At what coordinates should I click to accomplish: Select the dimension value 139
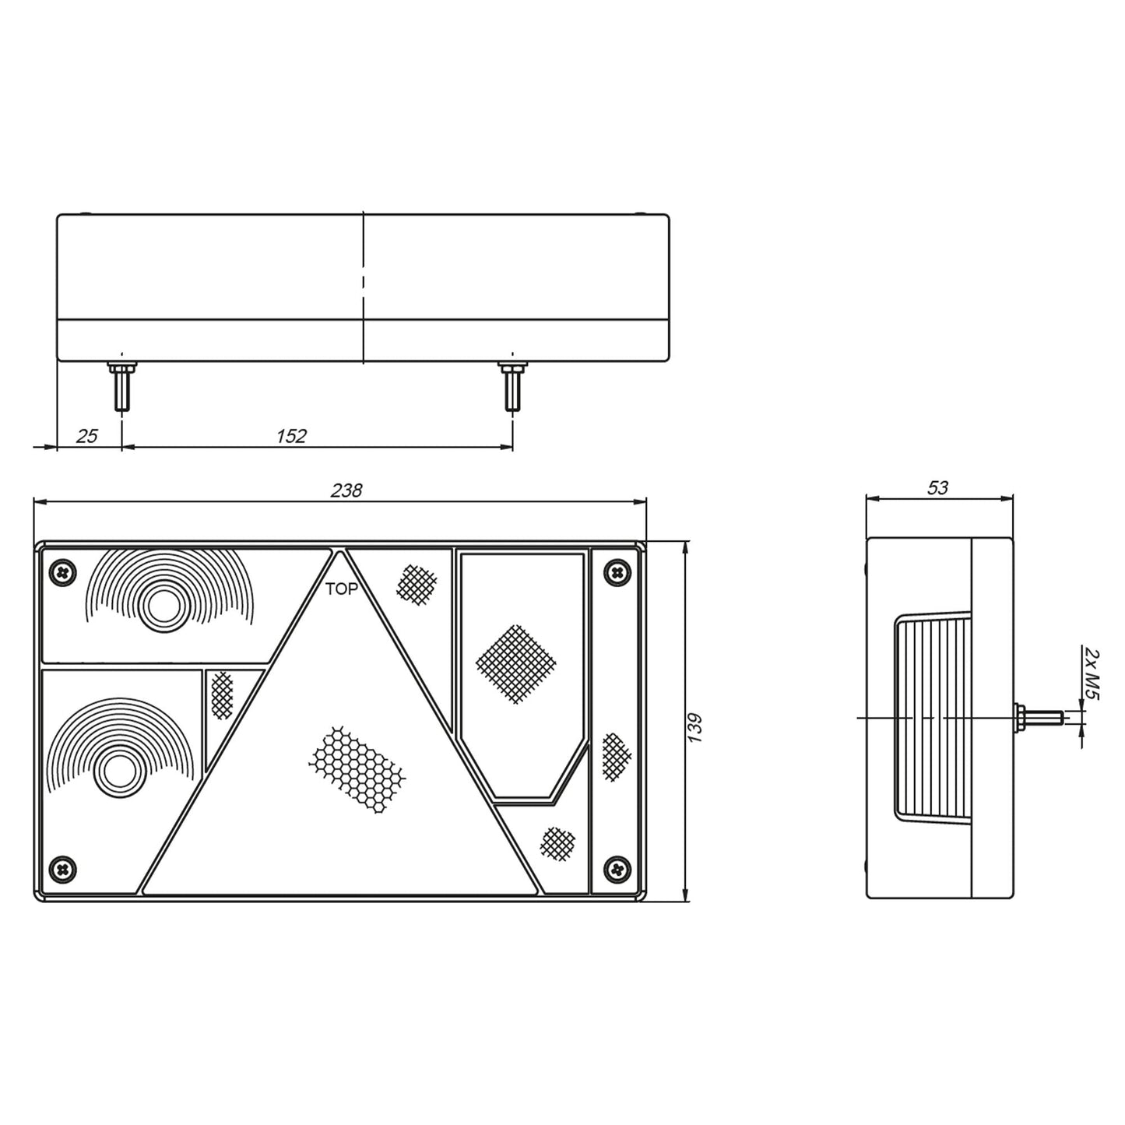[x=694, y=727]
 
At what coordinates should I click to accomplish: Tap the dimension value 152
[x=291, y=435]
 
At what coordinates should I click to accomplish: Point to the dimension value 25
[x=87, y=435]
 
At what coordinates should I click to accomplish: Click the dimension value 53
[x=937, y=487]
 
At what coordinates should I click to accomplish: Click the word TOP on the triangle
[x=342, y=589]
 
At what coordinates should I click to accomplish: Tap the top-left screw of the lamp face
[x=63, y=571]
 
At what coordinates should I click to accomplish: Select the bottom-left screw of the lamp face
[x=63, y=870]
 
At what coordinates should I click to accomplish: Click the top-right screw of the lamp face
[x=618, y=571]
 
